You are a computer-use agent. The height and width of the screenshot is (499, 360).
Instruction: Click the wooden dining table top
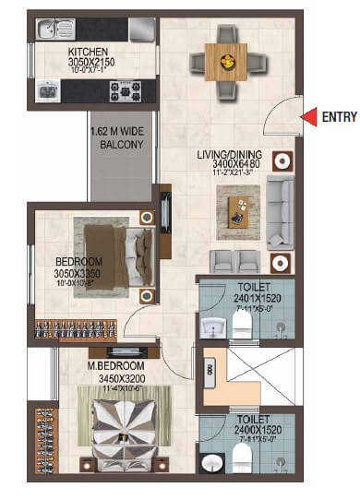[x=223, y=63]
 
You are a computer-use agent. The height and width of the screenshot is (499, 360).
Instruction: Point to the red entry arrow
[x=308, y=115]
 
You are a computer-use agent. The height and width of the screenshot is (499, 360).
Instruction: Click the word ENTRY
[x=338, y=116]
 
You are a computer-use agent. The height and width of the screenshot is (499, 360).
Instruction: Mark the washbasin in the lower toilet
[x=213, y=464]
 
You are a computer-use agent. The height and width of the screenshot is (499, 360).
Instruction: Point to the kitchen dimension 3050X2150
[x=90, y=66]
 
